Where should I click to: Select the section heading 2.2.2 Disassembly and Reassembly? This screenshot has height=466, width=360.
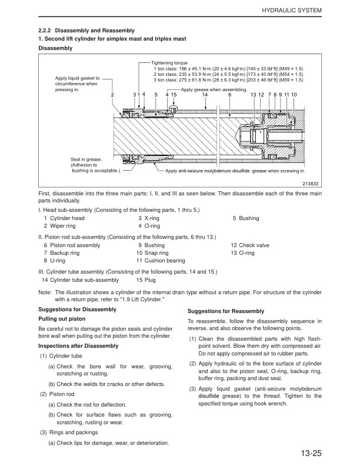86,31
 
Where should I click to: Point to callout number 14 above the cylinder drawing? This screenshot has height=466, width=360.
205,95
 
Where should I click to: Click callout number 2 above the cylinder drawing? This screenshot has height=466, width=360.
112,95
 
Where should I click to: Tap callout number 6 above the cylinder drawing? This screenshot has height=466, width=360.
230,95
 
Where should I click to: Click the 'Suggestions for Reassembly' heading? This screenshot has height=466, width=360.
226,311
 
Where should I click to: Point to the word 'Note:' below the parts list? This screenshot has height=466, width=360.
45,292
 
